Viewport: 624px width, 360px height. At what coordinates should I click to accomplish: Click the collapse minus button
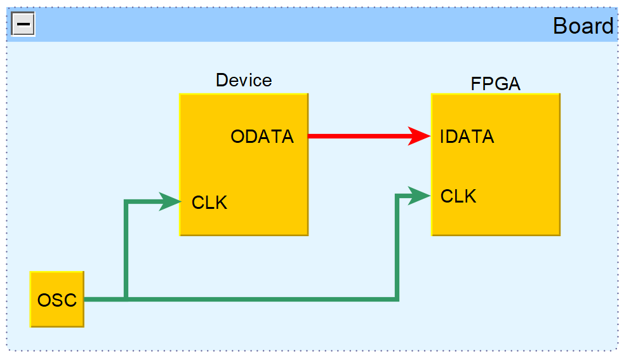[23, 25]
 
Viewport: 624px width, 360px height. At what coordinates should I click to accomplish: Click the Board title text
[583, 26]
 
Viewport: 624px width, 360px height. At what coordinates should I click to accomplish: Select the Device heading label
[244, 80]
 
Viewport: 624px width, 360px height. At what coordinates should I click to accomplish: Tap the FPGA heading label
[495, 84]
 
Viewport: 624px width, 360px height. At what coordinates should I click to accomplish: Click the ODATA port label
[262, 137]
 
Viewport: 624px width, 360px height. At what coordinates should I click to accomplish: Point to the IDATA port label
[467, 137]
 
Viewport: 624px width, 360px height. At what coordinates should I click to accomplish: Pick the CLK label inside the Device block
[209, 203]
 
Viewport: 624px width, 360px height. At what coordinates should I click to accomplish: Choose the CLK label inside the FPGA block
[458, 196]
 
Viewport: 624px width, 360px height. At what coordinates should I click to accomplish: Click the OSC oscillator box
[57, 299]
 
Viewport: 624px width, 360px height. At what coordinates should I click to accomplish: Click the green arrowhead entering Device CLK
[170, 201]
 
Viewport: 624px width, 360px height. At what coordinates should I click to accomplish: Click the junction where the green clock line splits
[127, 298]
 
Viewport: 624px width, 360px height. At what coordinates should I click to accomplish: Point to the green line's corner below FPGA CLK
[397, 298]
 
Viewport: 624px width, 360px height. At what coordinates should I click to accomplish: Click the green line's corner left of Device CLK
[127, 202]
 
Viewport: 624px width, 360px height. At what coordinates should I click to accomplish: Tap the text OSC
[57, 300]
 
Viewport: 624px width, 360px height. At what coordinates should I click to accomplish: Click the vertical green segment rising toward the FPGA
[397, 248]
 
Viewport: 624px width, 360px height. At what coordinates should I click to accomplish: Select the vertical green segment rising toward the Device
[127, 251]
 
